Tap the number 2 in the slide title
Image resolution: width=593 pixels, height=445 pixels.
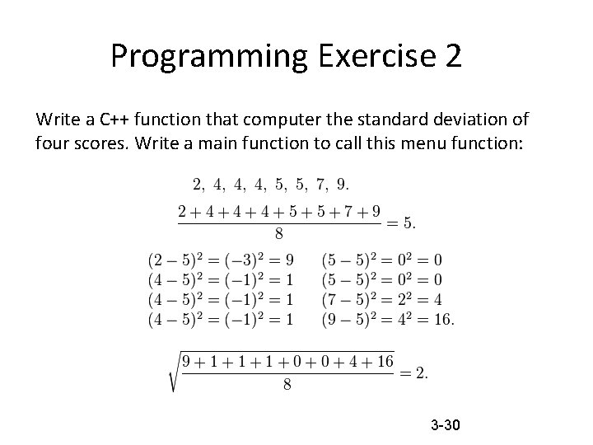coord(451,56)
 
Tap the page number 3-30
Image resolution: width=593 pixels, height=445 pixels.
coord(445,425)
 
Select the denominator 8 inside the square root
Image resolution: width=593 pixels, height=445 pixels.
coord(287,385)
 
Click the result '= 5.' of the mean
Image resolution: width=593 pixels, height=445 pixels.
coord(401,222)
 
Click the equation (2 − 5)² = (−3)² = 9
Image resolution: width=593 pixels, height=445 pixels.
coord(220,260)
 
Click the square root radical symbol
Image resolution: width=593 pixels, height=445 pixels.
coord(175,372)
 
